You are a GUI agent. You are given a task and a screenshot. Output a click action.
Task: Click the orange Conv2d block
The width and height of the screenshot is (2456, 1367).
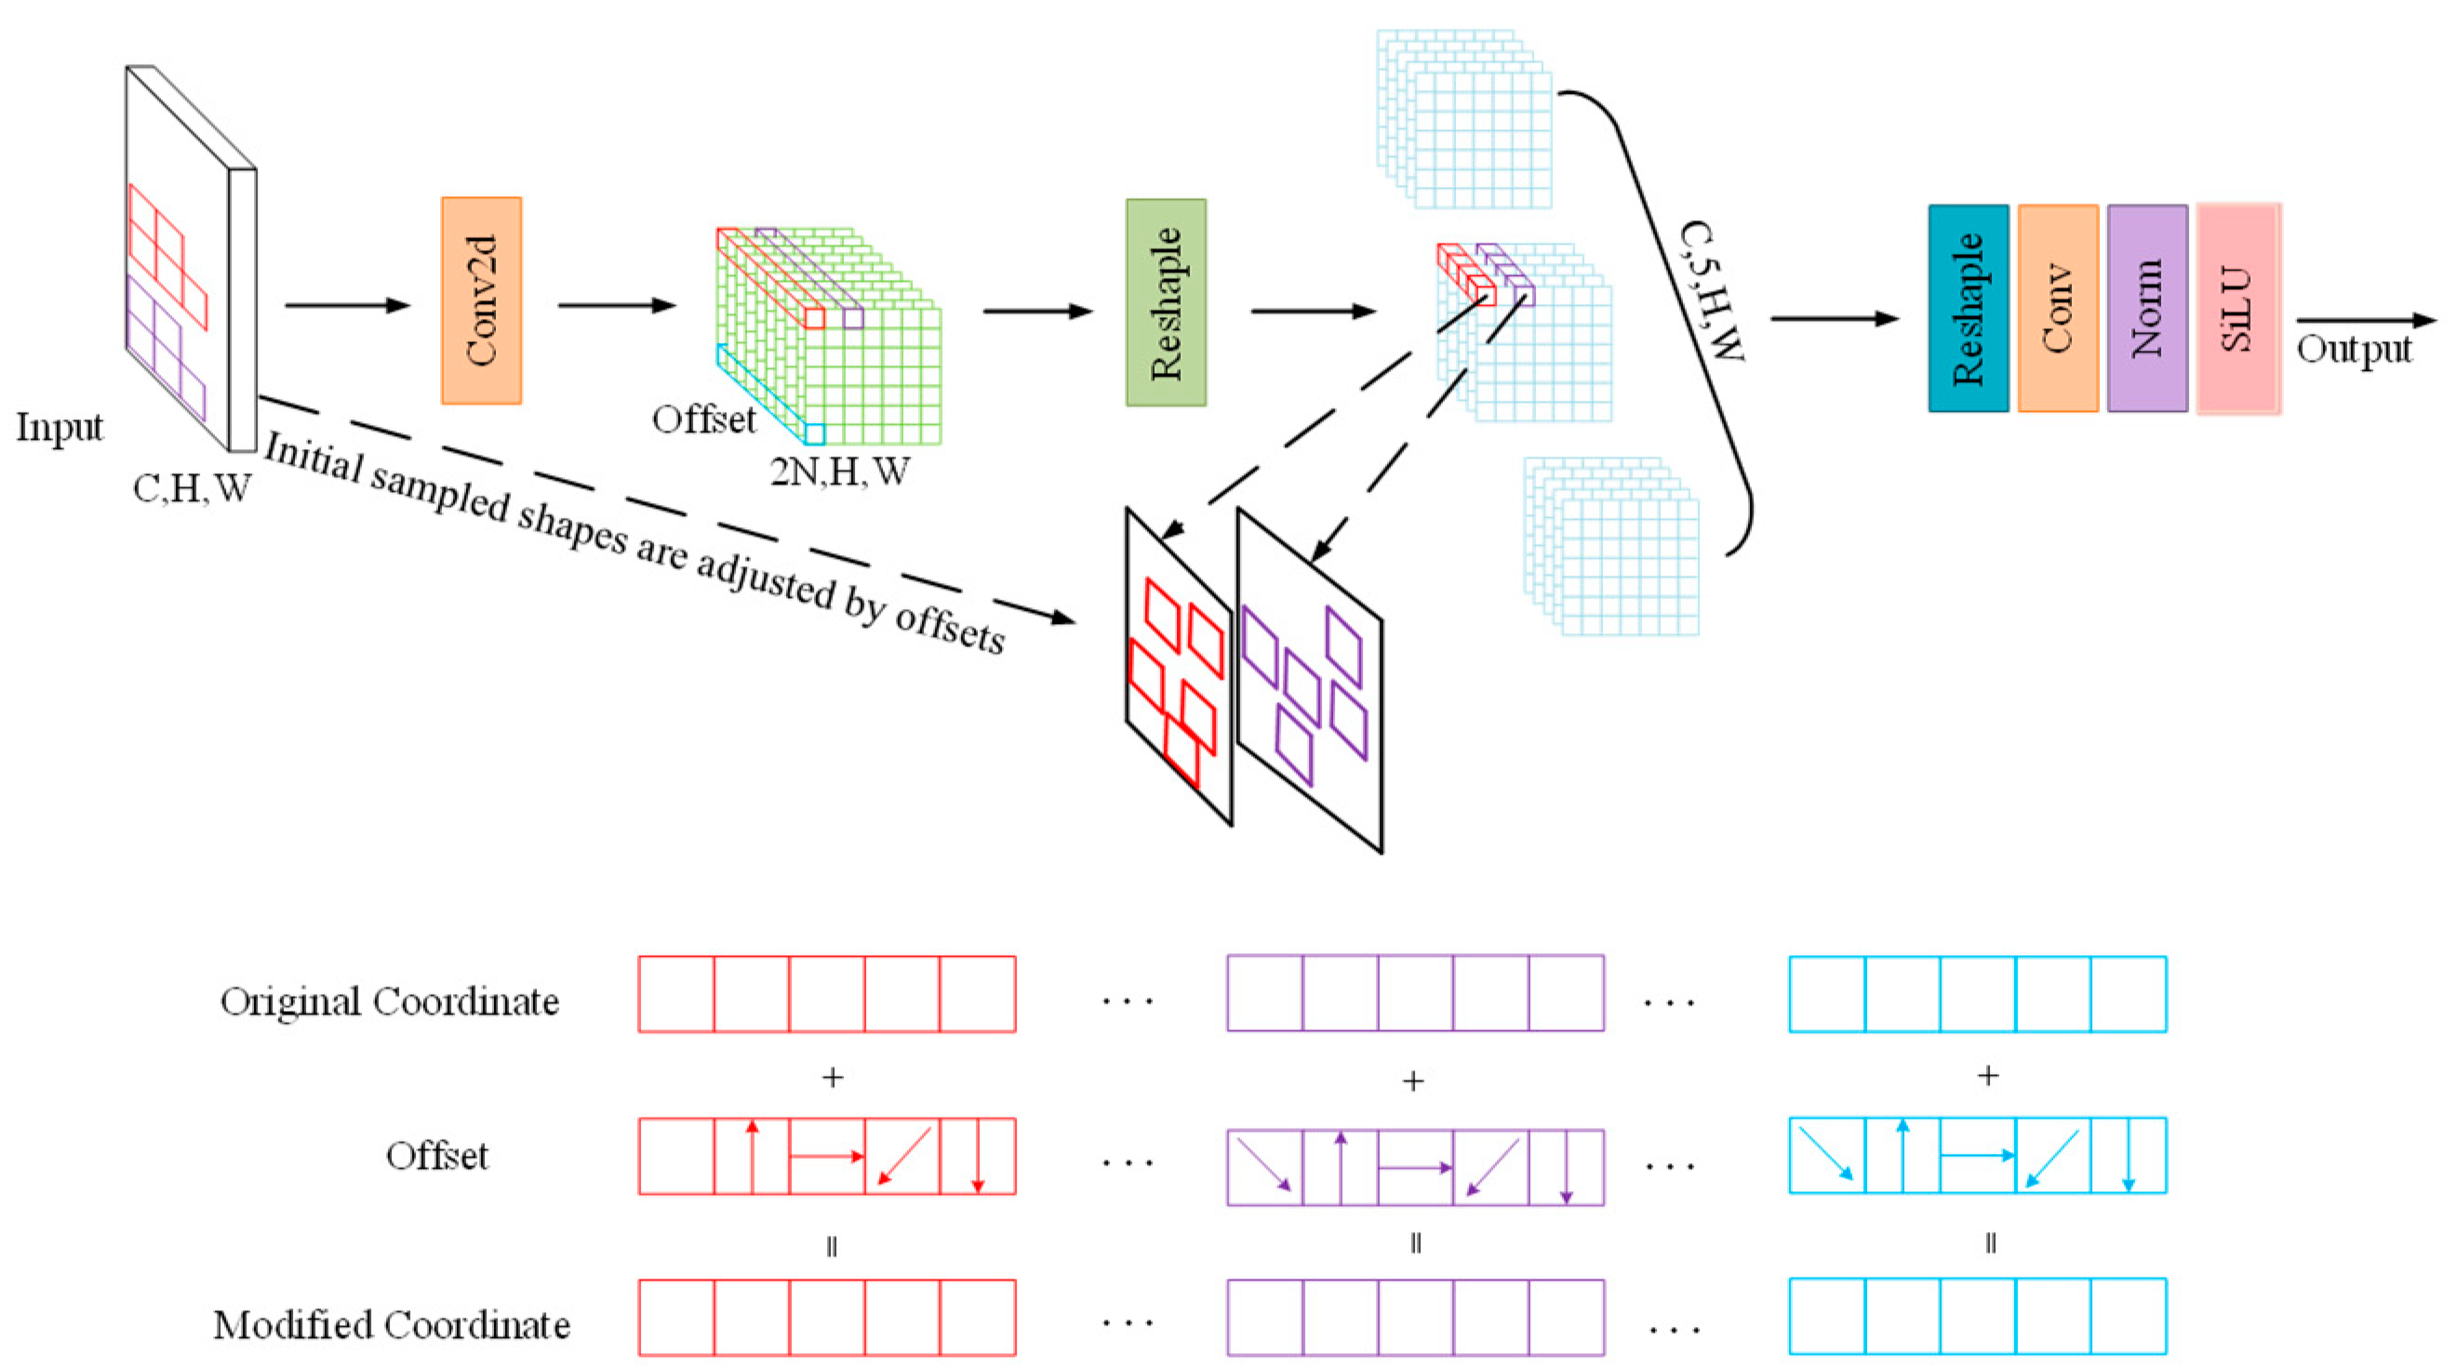482,300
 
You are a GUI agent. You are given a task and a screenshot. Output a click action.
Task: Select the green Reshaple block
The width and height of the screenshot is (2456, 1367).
1165,302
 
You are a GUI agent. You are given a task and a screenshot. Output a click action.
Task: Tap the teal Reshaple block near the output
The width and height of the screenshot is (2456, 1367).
1968,308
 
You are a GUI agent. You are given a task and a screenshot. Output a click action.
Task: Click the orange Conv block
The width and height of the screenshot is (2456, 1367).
2058,308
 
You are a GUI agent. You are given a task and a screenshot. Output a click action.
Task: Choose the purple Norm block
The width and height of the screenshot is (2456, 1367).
2147,308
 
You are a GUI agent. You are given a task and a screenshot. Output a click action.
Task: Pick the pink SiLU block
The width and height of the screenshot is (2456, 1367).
2237,308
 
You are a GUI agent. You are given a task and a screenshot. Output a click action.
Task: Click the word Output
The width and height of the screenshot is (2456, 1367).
2353,349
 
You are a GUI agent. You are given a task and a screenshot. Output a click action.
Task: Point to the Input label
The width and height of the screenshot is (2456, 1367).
60,427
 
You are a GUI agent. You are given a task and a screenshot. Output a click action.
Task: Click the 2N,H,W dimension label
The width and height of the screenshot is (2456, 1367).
839,471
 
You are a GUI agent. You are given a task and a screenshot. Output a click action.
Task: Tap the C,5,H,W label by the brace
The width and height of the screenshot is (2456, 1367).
1712,291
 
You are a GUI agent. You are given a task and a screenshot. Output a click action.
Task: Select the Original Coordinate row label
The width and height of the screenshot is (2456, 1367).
389,1001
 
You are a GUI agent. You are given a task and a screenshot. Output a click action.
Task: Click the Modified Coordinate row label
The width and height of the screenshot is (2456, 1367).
391,1324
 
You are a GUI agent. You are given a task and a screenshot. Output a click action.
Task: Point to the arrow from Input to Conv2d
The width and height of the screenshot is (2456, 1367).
347,305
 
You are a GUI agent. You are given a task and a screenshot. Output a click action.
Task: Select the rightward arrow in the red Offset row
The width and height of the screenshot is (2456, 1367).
827,1156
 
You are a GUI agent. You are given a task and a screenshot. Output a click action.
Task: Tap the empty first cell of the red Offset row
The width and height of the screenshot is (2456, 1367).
676,1155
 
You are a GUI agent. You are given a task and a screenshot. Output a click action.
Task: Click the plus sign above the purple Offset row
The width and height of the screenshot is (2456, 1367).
1413,1080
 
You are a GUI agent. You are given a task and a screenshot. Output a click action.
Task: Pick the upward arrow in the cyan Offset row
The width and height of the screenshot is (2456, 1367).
1902,1154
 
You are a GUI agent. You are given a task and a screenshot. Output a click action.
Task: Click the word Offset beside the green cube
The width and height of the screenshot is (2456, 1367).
703,419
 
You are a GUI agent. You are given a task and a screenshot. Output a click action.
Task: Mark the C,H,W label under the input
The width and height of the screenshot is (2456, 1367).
192,489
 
